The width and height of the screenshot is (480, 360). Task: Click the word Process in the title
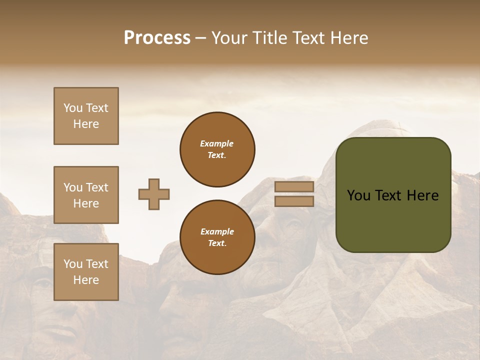pos(157,38)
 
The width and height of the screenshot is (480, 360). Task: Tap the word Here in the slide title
pos(349,38)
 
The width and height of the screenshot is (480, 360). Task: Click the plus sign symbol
pos(154,194)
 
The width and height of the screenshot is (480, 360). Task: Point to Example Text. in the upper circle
pos(217,149)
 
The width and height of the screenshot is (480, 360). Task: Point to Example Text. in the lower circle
pos(217,237)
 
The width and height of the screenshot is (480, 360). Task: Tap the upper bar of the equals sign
pos(294,187)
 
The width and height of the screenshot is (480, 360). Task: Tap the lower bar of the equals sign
pos(294,201)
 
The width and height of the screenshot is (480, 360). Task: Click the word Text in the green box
pos(388,195)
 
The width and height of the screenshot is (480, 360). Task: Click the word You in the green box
pos(358,195)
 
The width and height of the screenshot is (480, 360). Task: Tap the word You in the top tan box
pos(73,108)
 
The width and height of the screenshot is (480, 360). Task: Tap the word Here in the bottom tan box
pos(86,280)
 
